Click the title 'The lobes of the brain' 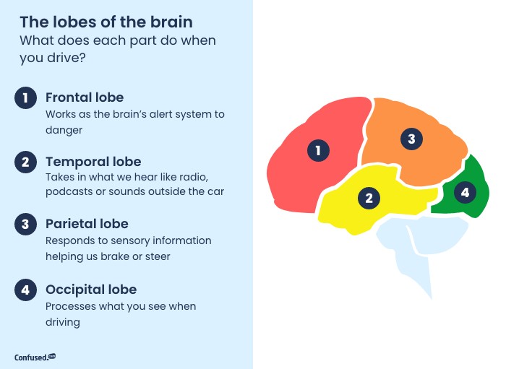[106, 22]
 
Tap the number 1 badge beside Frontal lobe [25, 97]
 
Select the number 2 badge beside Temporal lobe [25, 162]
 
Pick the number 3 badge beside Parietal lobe [25, 224]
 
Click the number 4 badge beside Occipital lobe [25, 290]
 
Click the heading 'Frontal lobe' [85, 97]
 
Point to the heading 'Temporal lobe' [93, 162]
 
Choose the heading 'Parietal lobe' [87, 224]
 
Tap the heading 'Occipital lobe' [91, 290]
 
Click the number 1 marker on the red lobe [318, 150]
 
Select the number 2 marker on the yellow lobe [369, 198]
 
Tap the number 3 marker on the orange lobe [411, 139]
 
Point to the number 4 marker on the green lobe [465, 192]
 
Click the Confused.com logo [35, 357]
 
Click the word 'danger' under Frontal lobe [64, 130]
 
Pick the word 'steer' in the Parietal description [158, 257]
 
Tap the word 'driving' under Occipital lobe [63, 322]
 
